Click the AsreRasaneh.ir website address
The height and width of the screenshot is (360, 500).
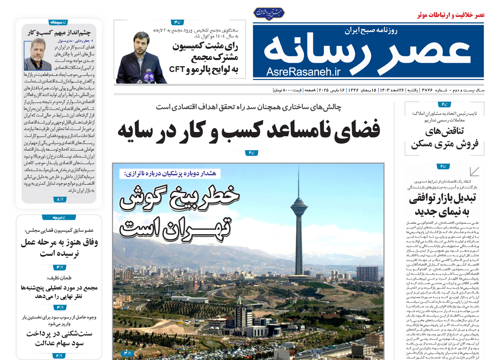tap(303, 71)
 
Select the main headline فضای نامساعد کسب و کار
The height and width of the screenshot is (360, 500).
tap(249, 130)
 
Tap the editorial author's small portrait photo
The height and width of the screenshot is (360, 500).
tap(38, 54)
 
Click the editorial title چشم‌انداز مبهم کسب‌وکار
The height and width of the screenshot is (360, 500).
tap(59, 33)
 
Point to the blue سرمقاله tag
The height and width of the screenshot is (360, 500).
tap(58, 22)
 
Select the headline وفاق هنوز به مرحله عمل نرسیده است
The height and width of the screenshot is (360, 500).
tap(59, 248)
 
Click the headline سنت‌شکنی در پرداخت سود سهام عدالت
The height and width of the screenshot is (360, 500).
tap(59, 338)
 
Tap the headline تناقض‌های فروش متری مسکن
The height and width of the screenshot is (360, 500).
tap(444, 138)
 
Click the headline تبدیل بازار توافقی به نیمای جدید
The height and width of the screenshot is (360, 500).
tap(442, 205)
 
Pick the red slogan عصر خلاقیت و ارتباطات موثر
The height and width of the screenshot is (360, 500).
tap(451, 15)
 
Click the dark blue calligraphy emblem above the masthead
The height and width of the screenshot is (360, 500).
tap(269, 13)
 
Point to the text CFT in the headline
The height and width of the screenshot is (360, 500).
tap(177, 69)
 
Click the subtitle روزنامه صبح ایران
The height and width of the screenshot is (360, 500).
tap(371, 30)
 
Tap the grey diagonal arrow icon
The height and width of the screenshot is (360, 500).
tap(474, 171)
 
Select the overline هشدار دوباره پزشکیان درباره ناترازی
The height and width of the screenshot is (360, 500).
tap(170, 174)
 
